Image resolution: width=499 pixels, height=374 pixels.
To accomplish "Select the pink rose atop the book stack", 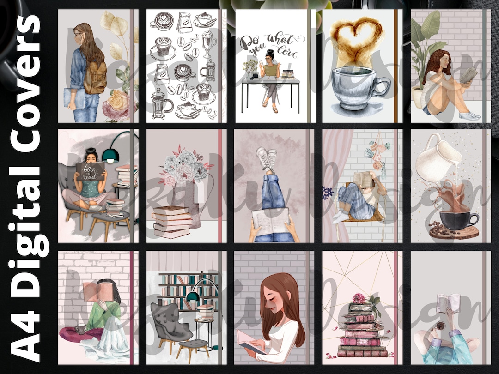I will click(x=359, y=298).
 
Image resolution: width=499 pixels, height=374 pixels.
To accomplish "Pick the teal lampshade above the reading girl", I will click(x=110, y=155).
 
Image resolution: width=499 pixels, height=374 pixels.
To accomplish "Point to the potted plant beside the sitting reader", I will click(x=423, y=60).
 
